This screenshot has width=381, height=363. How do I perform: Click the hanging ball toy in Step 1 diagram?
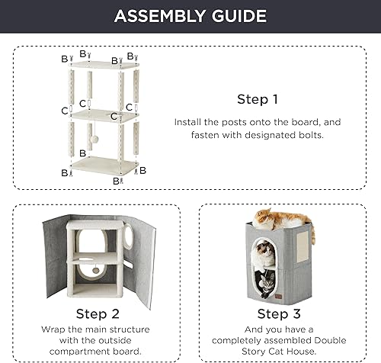pyautogui.click(x=98, y=143)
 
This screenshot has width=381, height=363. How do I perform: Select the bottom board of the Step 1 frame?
pyautogui.click(x=102, y=166)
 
